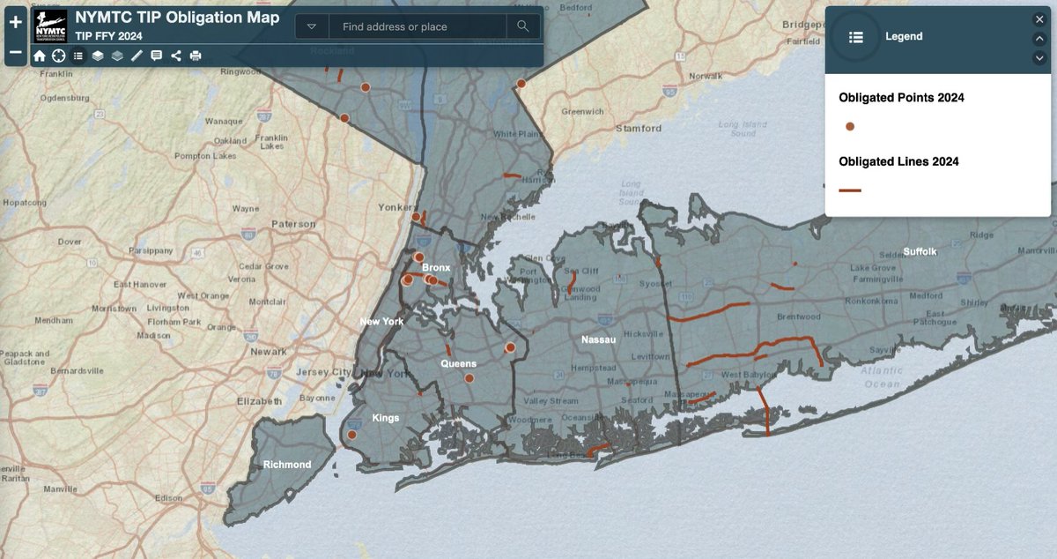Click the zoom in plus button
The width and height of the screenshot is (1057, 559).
pyautogui.click(x=16, y=22)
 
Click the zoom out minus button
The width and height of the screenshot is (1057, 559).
pyautogui.click(x=16, y=52)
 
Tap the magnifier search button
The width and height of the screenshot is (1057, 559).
pyautogui.click(x=523, y=26)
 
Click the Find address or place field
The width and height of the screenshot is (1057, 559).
pyautogui.click(x=418, y=26)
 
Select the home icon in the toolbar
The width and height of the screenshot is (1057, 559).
pyautogui.click(x=40, y=56)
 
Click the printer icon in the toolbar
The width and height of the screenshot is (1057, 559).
pyautogui.click(x=196, y=56)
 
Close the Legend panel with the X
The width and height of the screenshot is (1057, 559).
pyautogui.click(x=1039, y=19)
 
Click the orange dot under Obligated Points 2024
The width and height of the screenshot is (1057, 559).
pyautogui.click(x=850, y=127)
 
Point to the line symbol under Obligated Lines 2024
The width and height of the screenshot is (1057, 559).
pyautogui.click(x=850, y=190)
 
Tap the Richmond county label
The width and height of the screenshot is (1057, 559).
pyautogui.click(x=287, y=465)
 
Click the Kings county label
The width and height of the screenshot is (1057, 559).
pyautogui.click(x=386, y=418)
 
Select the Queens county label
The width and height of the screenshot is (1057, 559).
pyautogui.click(x=458, y=363)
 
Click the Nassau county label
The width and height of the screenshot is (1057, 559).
pyautogui.click(x=598, y=339)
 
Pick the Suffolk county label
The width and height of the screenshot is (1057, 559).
pyautogui.click(x=920, y=251)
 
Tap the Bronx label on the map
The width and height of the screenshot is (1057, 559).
pyautogui.click(x=436, y=267)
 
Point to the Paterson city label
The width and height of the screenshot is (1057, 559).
pyautogui.click(x=293, y=224)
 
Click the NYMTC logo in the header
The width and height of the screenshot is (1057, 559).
pyautogui.click(x=50, y=26)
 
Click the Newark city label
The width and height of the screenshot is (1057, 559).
pyautogui.click(x=269, y=351)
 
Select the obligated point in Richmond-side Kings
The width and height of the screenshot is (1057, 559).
pyautogui.click(x=352, y=435)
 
